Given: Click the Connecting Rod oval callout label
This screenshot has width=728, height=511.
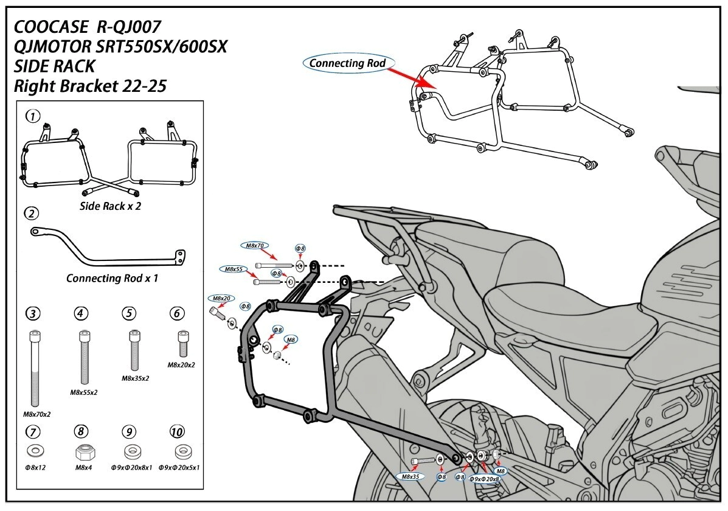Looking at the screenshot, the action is (x=347, y=63).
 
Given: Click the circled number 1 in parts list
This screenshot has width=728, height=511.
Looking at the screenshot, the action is (x=32, y=116).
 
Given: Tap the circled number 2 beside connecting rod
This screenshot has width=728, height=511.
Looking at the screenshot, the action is (x=32, y=214).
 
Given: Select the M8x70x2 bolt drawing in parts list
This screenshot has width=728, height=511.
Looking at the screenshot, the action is (x=35, y=368).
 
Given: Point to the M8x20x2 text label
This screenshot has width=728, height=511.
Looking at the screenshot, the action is (x=181, y=364).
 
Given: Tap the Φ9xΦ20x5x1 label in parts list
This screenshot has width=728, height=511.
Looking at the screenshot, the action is (x=179, y=467).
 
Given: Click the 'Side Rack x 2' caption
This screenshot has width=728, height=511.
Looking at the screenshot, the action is (x=110, y=206).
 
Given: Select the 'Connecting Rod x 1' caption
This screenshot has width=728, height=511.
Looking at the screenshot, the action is (x=112, y=278).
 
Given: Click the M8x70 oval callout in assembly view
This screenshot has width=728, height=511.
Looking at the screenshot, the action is (x=254, y=245).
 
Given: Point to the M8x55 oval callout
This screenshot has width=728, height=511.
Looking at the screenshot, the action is (x=234, y=269).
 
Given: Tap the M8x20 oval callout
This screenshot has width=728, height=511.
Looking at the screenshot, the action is (x=221, y=298).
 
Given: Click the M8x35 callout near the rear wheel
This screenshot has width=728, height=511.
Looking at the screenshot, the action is (x=411, y=476).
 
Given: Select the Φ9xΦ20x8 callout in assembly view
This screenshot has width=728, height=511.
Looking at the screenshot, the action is (x=484, y=479).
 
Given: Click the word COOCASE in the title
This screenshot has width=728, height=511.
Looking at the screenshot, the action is (x=50, y=27).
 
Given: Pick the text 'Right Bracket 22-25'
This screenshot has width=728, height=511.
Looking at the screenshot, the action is (x=90, y=86).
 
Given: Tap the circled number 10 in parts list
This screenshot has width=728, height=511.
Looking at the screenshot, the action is (x=177, y=431).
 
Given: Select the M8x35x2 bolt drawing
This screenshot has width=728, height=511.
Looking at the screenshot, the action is (x=134, y=350).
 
